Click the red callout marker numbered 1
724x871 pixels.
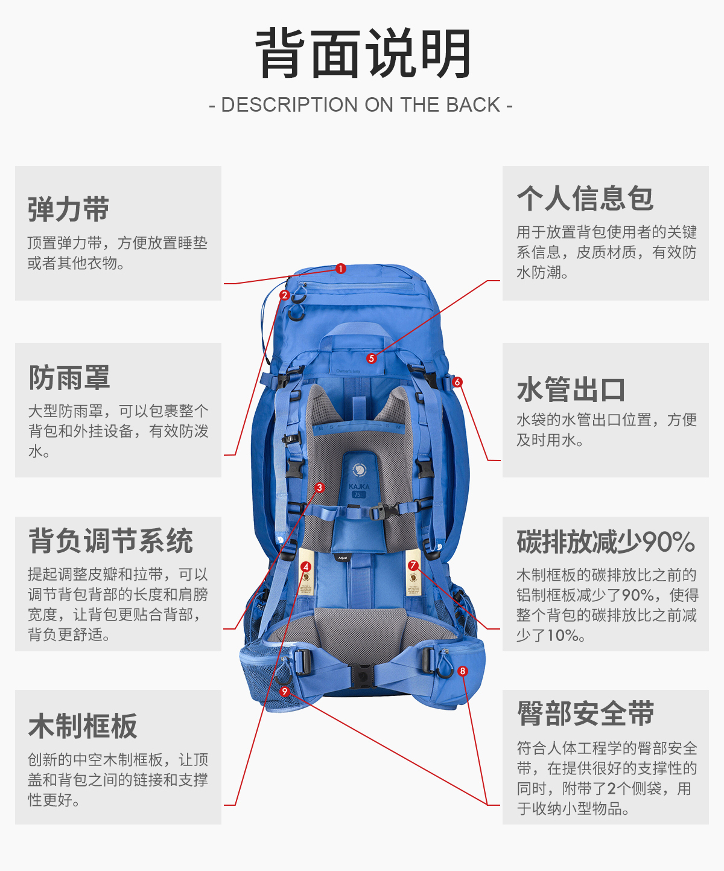pos(341,269)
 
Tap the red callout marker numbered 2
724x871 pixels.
pos(285,295)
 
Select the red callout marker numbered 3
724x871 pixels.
pos(320,487)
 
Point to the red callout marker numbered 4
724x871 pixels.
pos(306,567)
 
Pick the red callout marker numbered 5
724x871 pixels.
pos(372,358)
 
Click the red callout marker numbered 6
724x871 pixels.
pos(457,382)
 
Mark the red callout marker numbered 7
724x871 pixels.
pos(413,566)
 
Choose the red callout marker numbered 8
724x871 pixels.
pos(463,671)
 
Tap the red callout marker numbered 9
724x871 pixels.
pos(285,691)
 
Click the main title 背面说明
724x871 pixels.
pos(363,54)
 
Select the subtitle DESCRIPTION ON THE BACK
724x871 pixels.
pos(361,105)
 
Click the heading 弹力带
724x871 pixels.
pos(68,209)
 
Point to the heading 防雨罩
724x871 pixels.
pos(69,378)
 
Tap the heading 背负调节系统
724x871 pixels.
pos(110,540)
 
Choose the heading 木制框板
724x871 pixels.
pos(83,726)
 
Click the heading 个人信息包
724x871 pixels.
pos(585,198)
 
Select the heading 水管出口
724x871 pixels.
pos(571,389)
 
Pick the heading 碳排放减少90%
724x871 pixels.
pos(606,541)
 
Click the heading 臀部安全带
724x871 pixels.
pos(585,713)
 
